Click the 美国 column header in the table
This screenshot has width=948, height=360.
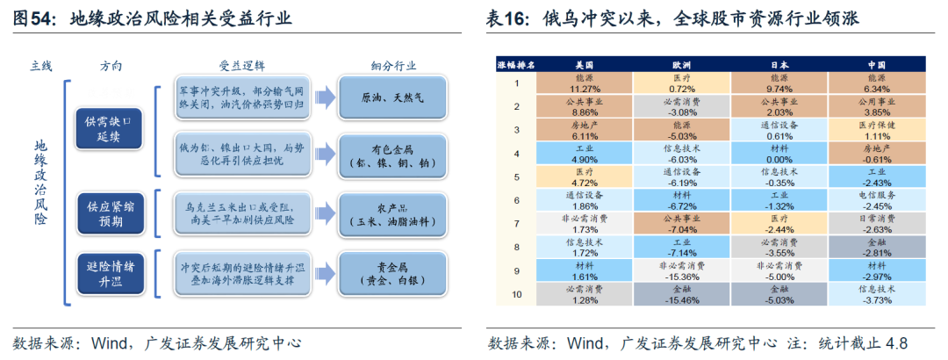click(x=584, y=64)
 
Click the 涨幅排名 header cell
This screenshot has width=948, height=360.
click(x=517, y=64)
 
